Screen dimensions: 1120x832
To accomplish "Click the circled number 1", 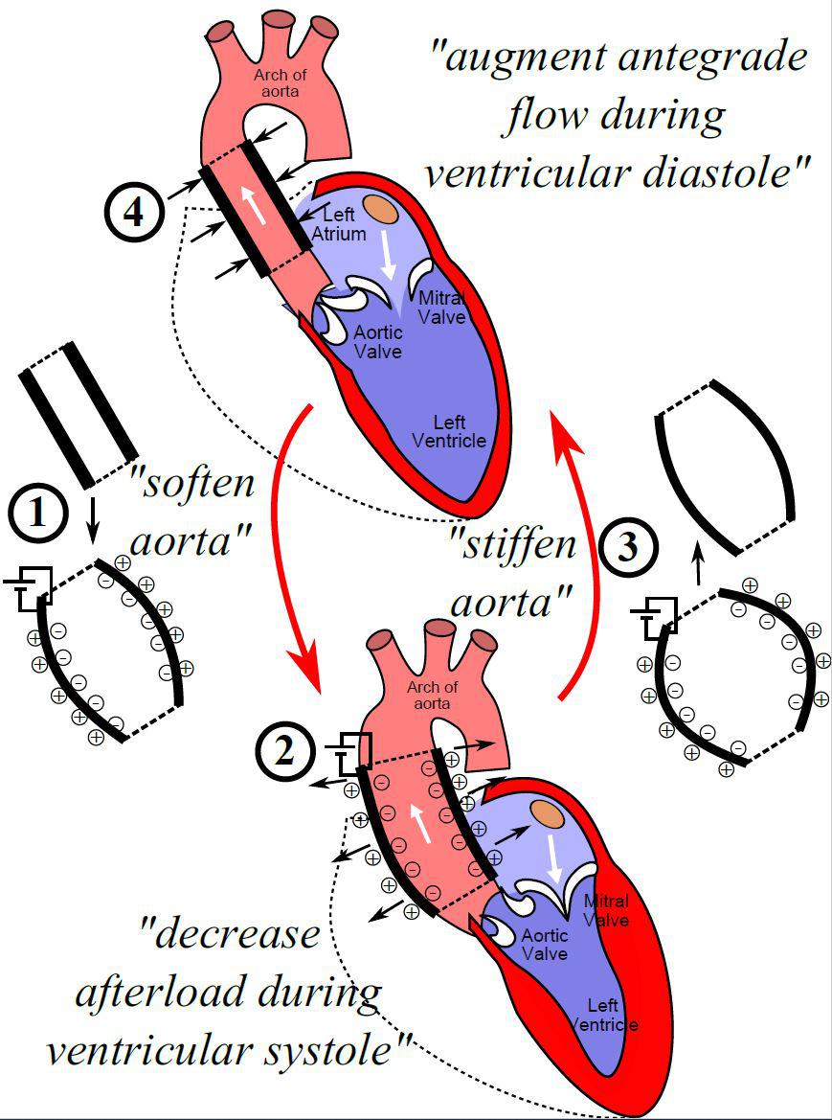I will (x=39, y=514).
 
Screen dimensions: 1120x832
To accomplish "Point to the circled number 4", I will (x=133, y=212).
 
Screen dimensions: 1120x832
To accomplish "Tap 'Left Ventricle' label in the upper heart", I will (x=459, y=431).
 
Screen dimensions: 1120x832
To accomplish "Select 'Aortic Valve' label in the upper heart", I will (x=377, y=341).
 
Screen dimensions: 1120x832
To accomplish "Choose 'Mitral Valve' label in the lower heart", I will (x=606, y=910).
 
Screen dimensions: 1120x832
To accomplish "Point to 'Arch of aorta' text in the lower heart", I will (x=433, y=695).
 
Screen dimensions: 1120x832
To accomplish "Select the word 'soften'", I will (x=198, y=483).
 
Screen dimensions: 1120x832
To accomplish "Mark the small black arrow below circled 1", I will (x=93, y=517).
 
